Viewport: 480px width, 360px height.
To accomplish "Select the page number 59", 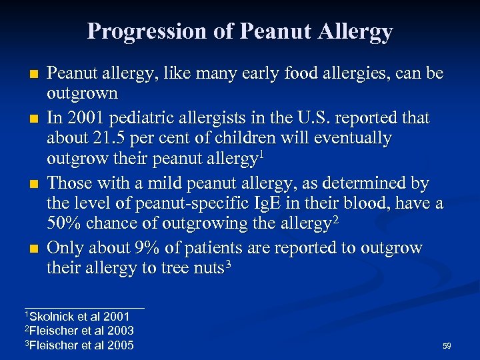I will [447, 346].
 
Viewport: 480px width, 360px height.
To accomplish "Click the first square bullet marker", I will [26, 74].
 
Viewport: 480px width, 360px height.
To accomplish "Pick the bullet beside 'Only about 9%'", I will [26, 249].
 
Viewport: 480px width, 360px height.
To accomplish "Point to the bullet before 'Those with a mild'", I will [26, 183].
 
